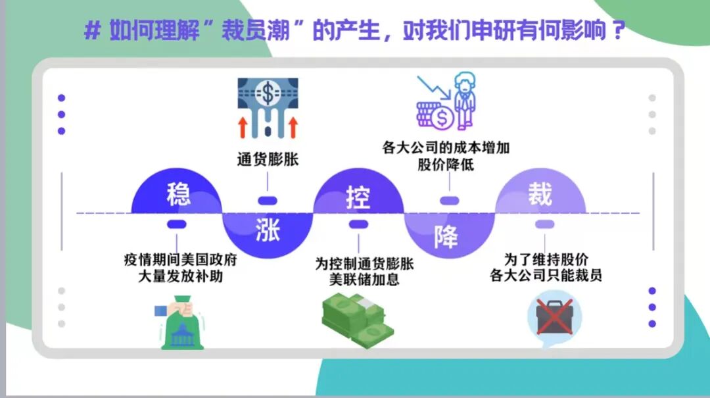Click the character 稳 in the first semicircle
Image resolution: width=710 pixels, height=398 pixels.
click(x=178, y=194)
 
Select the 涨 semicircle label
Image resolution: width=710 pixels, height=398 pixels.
click(x=267, y=231)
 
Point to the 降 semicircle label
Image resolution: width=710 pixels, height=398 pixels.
click(x=446, y=237)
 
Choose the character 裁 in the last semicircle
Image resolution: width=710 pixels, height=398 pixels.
click(x=539, y=195)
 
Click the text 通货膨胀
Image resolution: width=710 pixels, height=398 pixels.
click(x=268, y=160)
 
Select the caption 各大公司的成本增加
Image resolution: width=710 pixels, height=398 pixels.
click(x=446, y=147)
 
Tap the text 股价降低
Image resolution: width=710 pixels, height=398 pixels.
click(x=446, y=164)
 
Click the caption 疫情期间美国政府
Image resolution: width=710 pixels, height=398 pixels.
click(x=179, y=260)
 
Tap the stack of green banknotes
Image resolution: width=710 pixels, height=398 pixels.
click(x=357, y=320)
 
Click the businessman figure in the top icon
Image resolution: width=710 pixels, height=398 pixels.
click(x=465, y=101)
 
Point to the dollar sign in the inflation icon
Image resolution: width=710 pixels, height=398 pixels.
click(x=268, y=93)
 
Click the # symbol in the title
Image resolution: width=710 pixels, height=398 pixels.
click(x=93, y=31)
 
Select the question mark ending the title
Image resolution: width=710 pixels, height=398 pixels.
click(x=616, y=31)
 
